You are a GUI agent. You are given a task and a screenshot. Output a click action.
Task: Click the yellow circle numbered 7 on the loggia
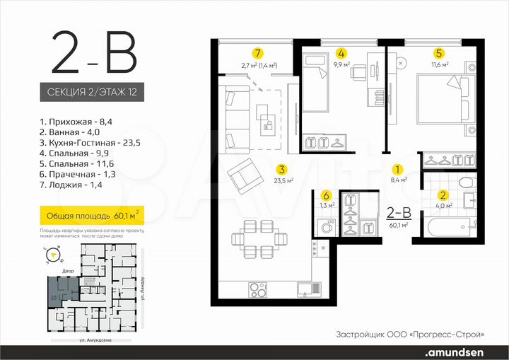259,53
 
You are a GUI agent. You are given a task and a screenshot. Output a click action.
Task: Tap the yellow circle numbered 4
341,53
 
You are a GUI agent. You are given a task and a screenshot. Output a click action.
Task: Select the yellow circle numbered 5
439,53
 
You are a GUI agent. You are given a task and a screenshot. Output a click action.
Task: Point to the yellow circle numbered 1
397,170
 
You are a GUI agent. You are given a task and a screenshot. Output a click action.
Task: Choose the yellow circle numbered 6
326,196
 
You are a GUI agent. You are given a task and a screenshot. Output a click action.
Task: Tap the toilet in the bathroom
469,183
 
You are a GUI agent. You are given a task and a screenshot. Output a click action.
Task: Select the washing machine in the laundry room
327,228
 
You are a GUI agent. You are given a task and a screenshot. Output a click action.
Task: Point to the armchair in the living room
247,175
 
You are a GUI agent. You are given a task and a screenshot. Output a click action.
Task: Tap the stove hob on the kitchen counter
258,289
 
